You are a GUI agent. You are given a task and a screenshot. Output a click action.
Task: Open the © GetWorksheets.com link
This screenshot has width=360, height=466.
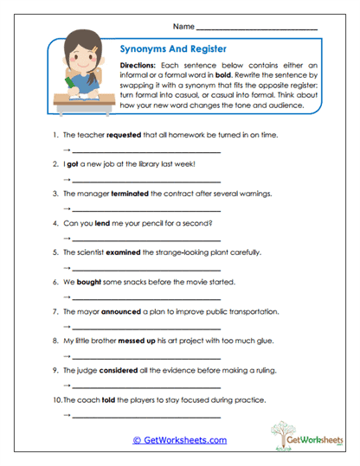tap(180, 440)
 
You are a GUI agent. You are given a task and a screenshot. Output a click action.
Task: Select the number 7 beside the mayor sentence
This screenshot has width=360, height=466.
tap(54, 311)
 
